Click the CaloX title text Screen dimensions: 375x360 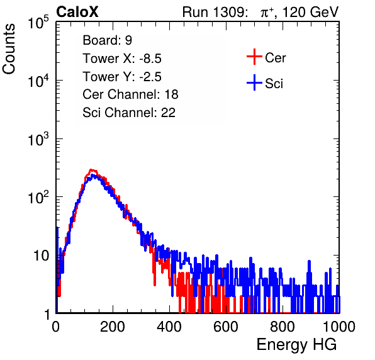coord(77,12)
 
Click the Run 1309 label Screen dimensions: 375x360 coord(215,12)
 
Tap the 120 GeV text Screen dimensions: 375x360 coord(311,12)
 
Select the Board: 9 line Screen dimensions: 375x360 coord(107,40)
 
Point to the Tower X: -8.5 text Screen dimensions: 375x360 coord(122,59)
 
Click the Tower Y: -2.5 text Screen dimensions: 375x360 coord(122,77)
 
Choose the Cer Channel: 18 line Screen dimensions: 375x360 coord(130,94)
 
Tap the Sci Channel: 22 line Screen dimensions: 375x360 coord(129,113)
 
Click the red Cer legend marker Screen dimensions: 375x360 coord(254,57)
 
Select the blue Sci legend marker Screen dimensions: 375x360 coord(254,82)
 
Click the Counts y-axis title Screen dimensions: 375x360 coord(9,49)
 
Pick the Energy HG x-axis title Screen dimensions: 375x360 coord(296,344)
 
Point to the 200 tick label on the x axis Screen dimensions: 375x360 coord(113,327)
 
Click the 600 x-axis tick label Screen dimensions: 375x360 coord(226,327)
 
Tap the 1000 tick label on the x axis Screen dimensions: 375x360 coord(339,327)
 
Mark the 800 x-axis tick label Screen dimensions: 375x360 coord(283,327)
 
